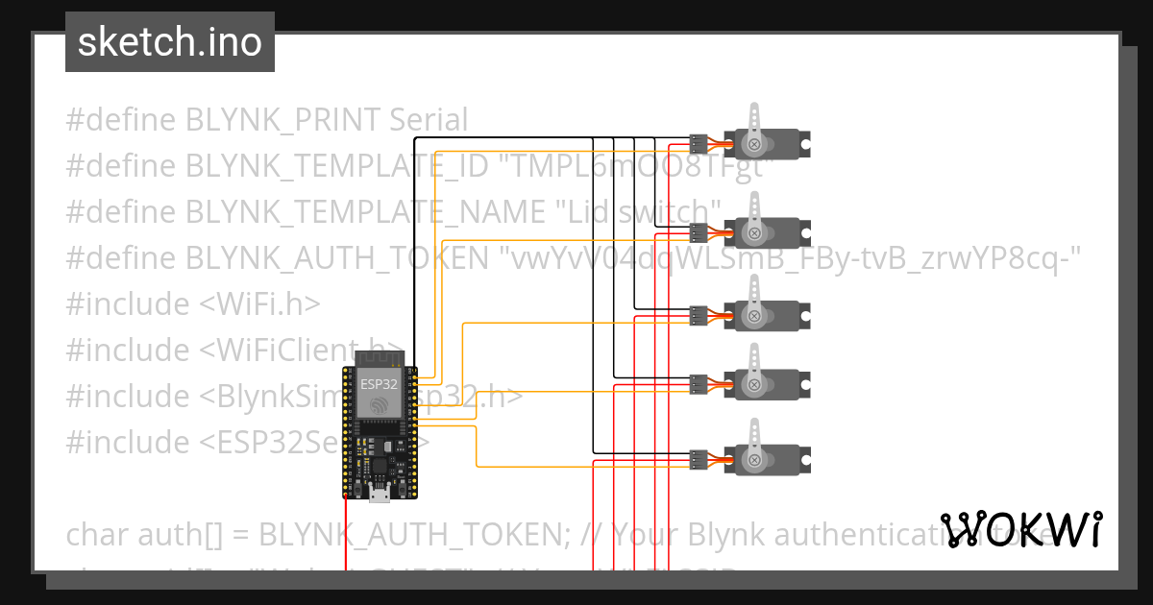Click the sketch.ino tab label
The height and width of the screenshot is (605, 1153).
[x=170, y=42]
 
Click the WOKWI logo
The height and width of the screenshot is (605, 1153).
[x=1020, y=529]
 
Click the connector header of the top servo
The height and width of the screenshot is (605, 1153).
[x=699, y=145]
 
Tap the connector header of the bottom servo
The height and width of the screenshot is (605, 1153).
[x=699, y=459]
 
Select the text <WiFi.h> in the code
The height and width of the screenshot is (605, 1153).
[x=259, y=304]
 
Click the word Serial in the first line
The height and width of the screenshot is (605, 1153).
[x=429, y=120]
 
